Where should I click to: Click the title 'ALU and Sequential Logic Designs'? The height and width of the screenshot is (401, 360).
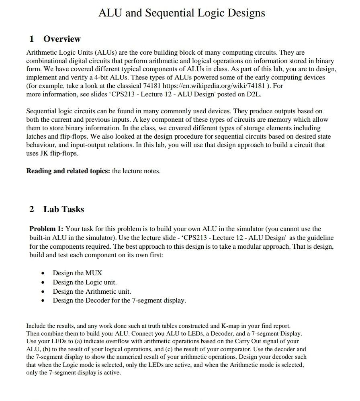182,13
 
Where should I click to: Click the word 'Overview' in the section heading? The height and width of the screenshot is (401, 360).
62,39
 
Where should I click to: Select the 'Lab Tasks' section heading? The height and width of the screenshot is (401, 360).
63,209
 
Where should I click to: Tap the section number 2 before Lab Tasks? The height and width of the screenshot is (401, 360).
32,209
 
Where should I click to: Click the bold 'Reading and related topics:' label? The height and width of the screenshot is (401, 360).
68,171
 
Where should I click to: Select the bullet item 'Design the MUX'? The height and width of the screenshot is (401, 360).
78,273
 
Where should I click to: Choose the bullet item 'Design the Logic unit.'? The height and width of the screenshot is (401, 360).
85,282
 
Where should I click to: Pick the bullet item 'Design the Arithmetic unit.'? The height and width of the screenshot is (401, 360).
92,291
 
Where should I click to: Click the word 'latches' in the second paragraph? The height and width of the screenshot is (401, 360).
37,137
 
